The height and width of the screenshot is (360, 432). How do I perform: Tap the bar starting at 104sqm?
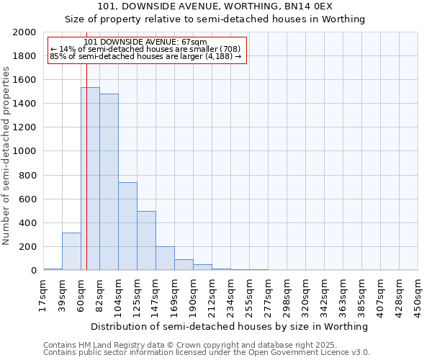[x=127, y=226]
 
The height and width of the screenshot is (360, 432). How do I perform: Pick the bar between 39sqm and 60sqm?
[x=71, y=251]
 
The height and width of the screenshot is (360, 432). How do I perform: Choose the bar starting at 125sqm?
[x=146, y=240]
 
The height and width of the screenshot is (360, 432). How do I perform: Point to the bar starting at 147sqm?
[x=165, y=258]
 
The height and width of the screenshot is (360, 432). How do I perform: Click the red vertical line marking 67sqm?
[x=86, y=180]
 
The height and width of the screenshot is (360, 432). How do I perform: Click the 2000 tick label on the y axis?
[x=24, y=32]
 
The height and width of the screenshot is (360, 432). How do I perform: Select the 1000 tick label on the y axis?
[x=24, y=152]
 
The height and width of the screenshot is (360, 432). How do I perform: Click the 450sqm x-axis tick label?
[x=418, y=294]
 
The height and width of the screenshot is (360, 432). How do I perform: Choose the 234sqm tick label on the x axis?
[x=230, y=294]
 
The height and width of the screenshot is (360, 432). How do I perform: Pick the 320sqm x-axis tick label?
[x=305, y=294]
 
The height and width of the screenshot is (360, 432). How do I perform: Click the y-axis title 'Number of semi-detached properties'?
[x=6, y=156]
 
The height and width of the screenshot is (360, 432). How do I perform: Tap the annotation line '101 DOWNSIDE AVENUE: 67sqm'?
[x=145, y=42]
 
